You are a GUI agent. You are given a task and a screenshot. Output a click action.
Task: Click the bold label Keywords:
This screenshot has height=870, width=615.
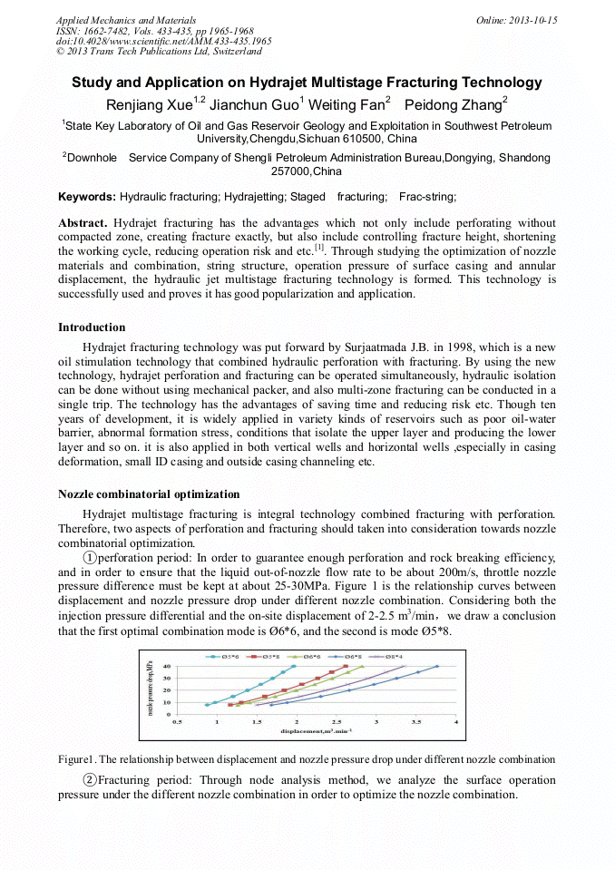click(x=87, y=197)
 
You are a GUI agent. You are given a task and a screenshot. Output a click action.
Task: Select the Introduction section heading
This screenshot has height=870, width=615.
click(x=92, y=327)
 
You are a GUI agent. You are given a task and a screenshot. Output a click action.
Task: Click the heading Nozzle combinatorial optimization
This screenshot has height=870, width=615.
click(x=149, y=494)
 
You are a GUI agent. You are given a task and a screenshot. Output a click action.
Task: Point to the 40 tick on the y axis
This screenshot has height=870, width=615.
click(x=166, y=666)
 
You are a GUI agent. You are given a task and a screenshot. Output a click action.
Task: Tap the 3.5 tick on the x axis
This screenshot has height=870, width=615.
click(x=416, y=722)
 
